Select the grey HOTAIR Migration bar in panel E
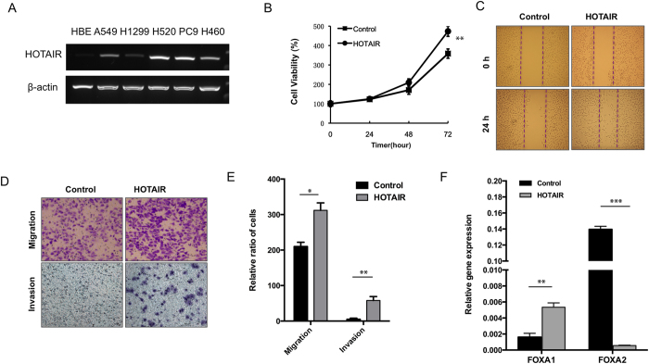coord(320,265)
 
